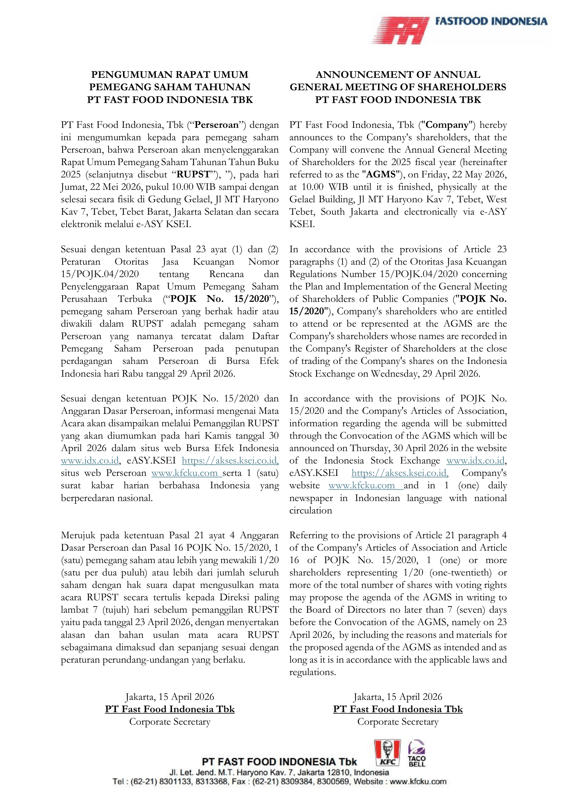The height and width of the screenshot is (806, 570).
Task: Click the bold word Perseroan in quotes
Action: [216, 125]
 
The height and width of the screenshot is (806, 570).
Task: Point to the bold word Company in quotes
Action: [447, 125]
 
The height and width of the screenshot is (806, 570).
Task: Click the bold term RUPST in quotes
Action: [193, 174]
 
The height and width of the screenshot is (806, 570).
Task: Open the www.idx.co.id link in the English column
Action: [476, 461]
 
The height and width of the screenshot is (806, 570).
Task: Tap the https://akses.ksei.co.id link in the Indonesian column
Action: [230, 461]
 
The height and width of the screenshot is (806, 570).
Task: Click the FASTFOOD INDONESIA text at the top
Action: [491, 21]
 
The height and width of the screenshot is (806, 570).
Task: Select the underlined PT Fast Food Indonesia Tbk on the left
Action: [170, 709]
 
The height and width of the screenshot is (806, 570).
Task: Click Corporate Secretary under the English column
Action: [398, 722]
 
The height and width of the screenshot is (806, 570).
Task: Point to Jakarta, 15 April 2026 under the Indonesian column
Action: [170, 697]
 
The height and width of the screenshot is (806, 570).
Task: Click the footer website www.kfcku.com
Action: [418, 782]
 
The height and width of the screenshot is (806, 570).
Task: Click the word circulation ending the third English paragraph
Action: [311, 510]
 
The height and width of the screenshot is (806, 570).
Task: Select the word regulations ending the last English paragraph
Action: [312, 672]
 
